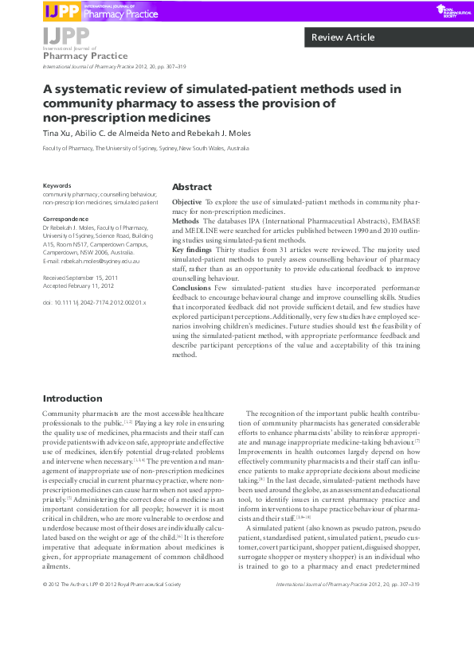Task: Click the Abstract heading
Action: tap(192, 186)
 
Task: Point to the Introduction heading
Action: tap(72, 398)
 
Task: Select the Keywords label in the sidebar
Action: tap(57, 186)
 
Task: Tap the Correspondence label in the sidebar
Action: tap(65, 218)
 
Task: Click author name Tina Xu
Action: tap(59, 133)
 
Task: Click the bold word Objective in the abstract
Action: tap(187, 203)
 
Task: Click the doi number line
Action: tap(94, 303)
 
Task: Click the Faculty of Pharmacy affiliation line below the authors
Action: tap(146, 149)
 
